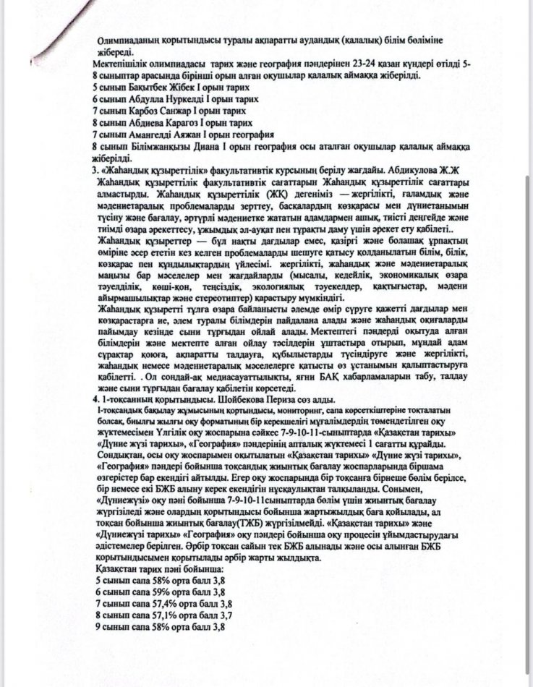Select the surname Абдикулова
pyautogui.click(x=400, y=170)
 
